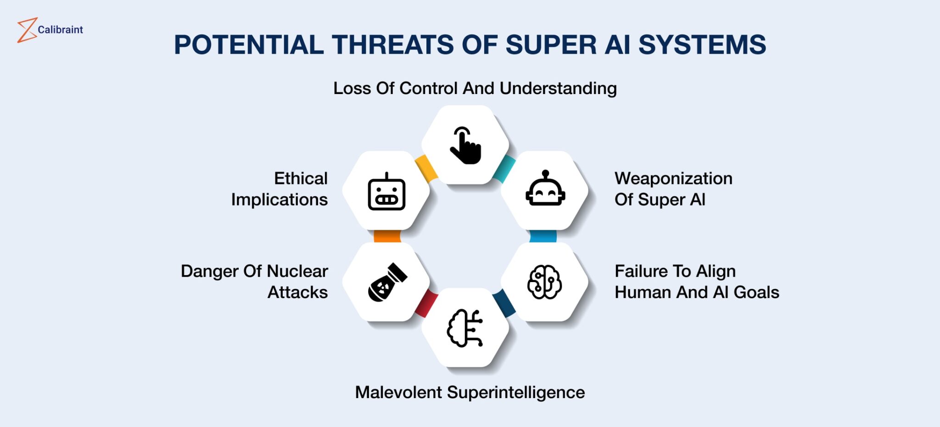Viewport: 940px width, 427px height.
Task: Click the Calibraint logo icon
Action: [27, 30]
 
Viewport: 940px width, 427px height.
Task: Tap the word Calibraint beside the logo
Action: [60, 30]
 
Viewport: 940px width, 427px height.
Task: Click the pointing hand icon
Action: [465, 145]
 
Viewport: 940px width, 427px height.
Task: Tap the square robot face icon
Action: [386, 192]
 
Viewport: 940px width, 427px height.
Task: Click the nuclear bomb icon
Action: [387, 283]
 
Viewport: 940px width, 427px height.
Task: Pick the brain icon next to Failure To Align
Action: [545, 282]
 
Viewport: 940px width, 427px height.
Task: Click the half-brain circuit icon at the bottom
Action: [465, 328]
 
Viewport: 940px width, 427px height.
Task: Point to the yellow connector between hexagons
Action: [425, 167]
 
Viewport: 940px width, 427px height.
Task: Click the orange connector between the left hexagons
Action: [387, 236]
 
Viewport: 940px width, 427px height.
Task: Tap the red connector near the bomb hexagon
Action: [426, 303]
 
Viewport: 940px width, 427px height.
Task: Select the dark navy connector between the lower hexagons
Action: [504, 303]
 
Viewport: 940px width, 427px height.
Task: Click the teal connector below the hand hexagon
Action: [504, 168]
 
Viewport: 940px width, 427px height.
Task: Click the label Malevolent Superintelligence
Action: [470, 393]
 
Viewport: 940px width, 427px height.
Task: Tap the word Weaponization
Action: [673, 178]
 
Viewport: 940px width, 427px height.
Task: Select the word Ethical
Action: [301, 178]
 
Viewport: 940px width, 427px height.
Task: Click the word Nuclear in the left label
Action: [297, 271]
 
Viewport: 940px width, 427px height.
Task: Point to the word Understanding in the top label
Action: [558, 89]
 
